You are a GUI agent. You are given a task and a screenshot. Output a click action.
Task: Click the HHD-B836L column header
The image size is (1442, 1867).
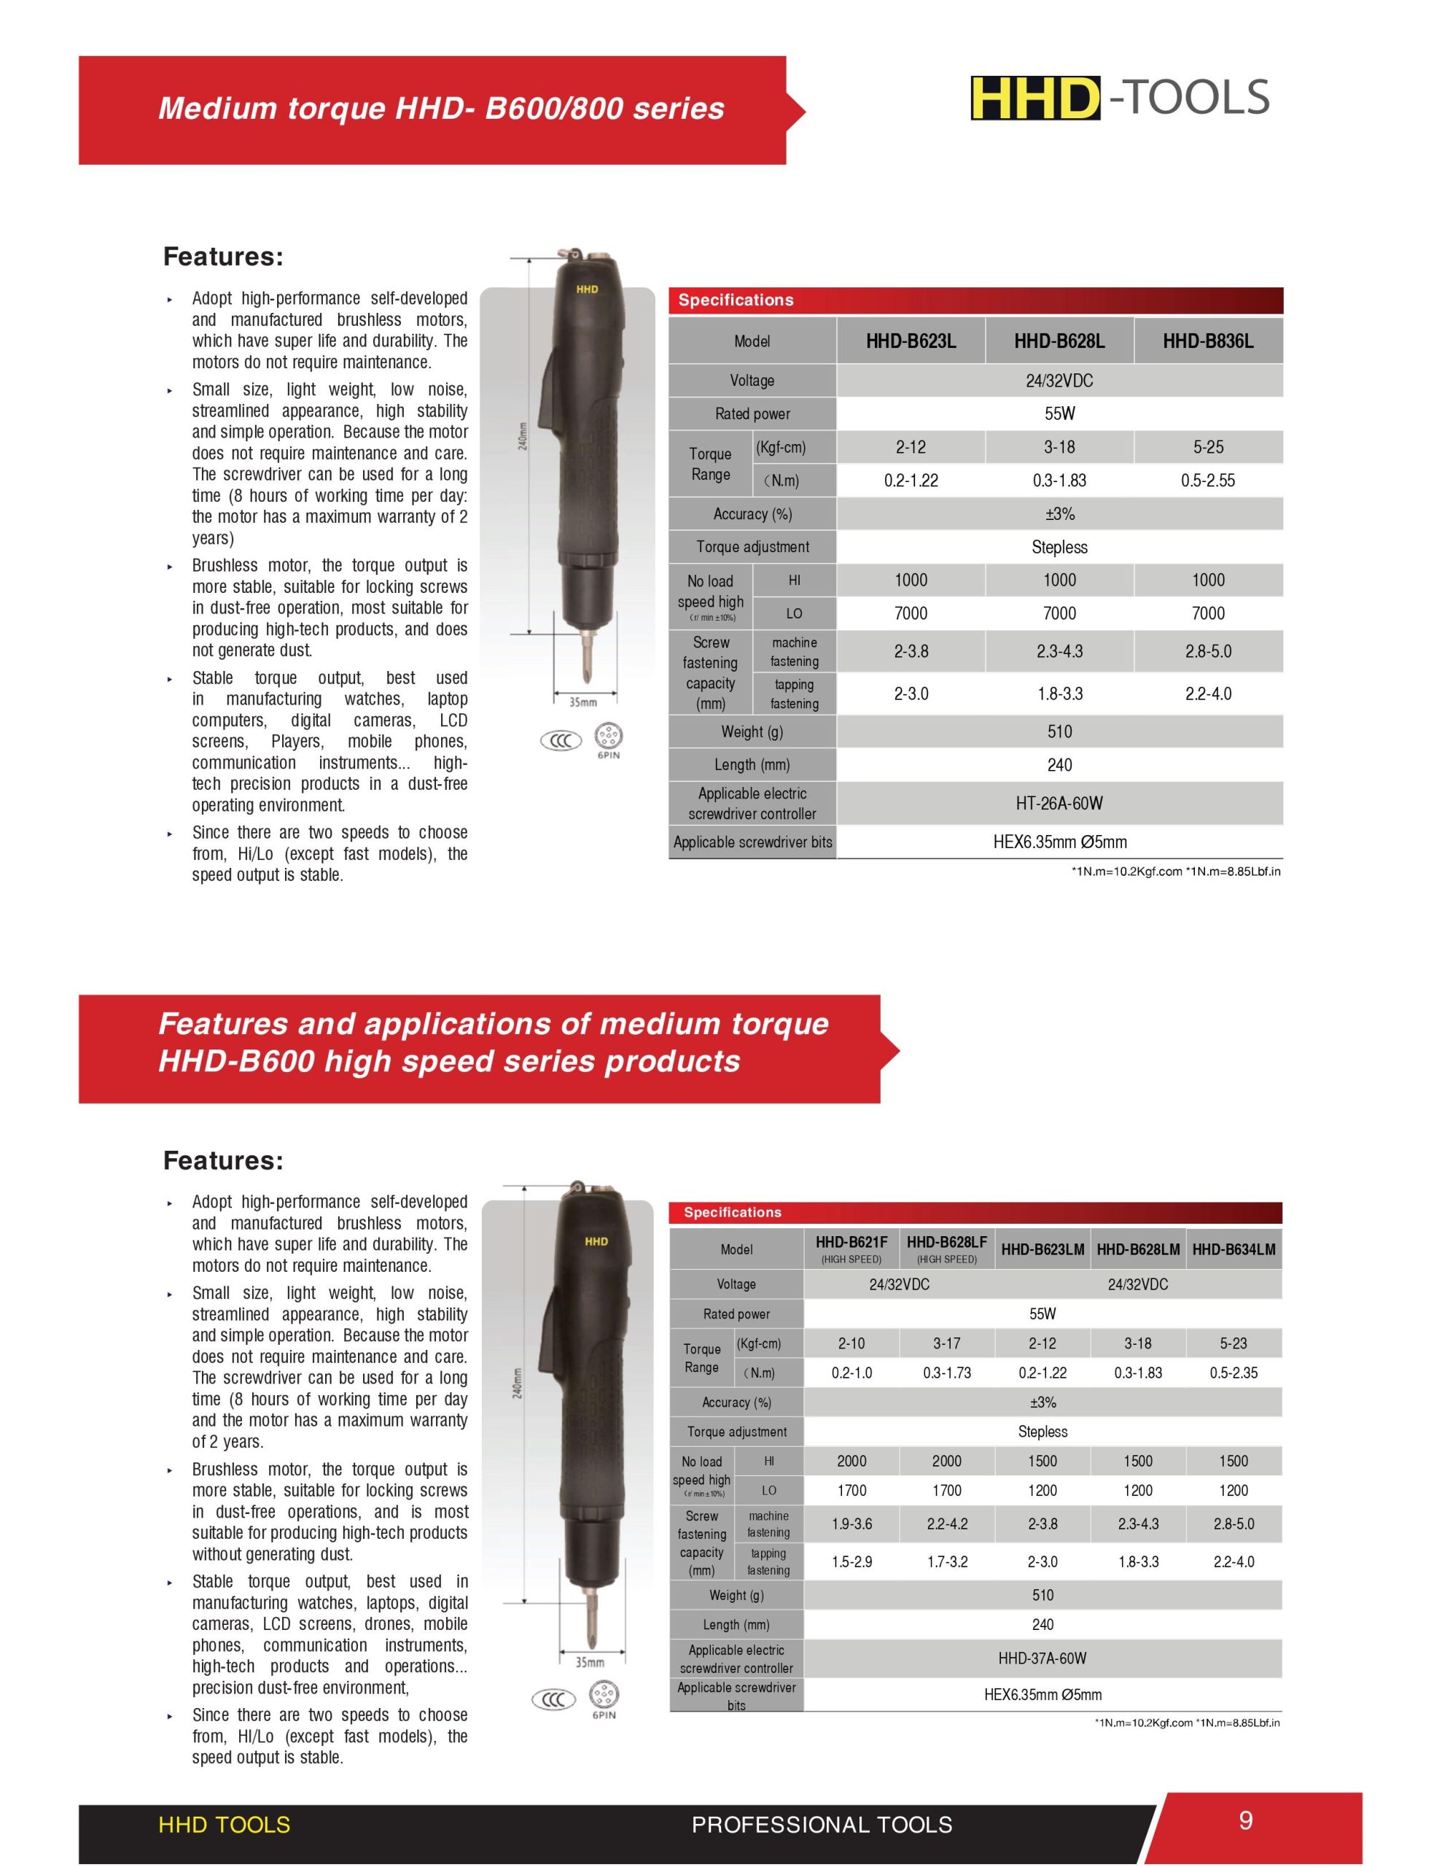[x=1207, y=342]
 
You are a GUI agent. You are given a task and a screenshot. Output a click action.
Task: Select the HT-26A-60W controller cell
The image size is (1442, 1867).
[x=1059, y=804]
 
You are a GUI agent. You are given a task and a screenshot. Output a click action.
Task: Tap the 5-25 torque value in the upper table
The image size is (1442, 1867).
[x=1208, y=447]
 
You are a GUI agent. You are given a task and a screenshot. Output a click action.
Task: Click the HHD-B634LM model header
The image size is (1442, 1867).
[x=1234, y=1250]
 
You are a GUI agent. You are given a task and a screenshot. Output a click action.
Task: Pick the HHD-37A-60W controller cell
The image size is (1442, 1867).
[x=1042, y=1658]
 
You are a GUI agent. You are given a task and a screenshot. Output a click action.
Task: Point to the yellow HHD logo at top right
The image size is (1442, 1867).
[x=1035, y=98]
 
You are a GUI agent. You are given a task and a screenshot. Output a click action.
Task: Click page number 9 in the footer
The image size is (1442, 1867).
[x=1245, y=1820]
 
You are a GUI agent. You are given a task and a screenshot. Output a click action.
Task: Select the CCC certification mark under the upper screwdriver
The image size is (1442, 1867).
[x=561, y=741]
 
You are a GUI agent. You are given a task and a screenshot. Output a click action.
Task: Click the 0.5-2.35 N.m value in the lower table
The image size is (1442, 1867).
[x=1234, y=1373]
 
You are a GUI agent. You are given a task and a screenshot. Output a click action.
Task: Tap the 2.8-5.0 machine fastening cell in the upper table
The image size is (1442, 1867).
[x=1208, y=651]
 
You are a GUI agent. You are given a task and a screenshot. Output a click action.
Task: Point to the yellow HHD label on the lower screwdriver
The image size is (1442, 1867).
[x=596, y=1241]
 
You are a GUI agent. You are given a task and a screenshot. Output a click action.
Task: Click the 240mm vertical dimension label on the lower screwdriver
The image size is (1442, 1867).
[x=516, y=1382]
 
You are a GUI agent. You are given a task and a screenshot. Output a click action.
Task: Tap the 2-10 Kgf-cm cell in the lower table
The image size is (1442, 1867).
[x=851, y=1344]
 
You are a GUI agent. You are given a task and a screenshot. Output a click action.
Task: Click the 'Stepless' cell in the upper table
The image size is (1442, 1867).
[x=1059, y=547]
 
